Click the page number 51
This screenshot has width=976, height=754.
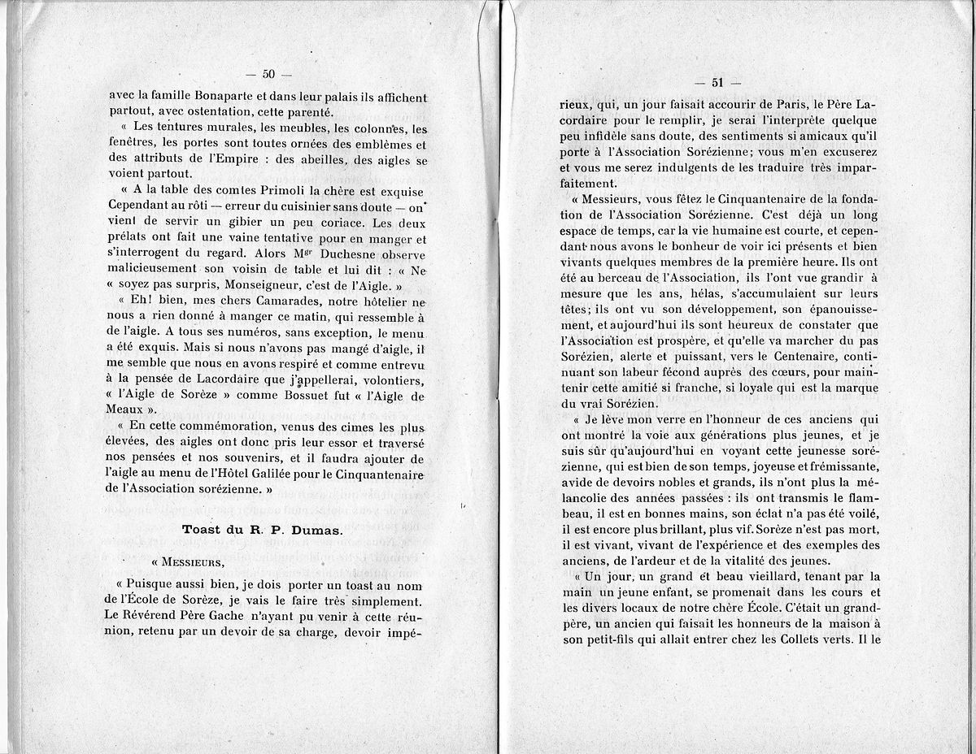(x=717, y=82)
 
